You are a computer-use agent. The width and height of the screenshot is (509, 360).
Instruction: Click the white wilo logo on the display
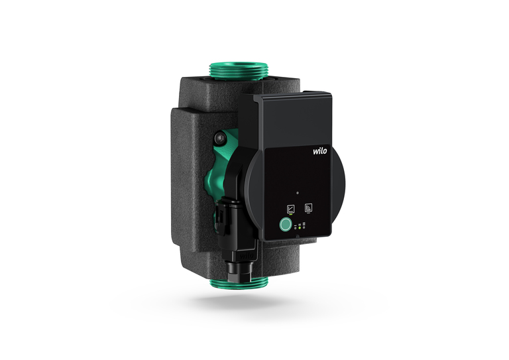tap(320, 151)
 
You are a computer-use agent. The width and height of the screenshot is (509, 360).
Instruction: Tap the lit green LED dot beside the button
tap(300, 228)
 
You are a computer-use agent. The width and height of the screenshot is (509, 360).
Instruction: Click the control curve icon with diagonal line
tap(291, 208)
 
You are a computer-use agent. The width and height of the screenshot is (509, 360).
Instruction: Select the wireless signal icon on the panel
tap(308, 208)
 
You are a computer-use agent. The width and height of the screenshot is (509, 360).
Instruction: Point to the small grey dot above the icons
tap(298, 193)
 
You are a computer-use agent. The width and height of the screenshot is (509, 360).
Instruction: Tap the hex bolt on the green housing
tap(220, 139)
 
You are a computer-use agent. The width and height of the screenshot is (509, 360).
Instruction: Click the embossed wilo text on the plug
tap(247, 256)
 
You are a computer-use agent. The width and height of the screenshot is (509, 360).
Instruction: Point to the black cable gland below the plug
tap(239, 271)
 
